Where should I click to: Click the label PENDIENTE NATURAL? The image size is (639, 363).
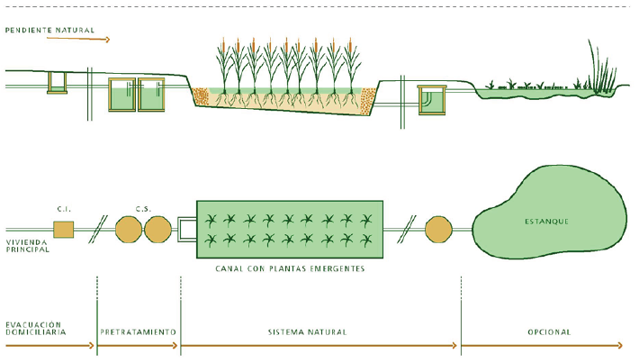(50, 30)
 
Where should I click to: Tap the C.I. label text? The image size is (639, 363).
(64, 209)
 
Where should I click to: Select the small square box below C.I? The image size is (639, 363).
(63, 229)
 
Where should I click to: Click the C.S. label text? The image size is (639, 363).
(142, 209)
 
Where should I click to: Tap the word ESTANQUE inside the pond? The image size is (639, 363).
(546, 221)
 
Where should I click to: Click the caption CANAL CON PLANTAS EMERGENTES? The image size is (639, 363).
(290, 269)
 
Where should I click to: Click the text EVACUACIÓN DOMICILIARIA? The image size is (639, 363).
(35, 328)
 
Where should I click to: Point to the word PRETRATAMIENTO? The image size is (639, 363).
(139, 332)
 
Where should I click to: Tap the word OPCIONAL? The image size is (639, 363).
(549, 332)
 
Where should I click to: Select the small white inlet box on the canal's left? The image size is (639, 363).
(187, 229)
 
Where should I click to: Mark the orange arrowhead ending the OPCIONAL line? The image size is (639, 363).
(620, 346)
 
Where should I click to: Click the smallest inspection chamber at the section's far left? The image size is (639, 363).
(58, 82)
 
